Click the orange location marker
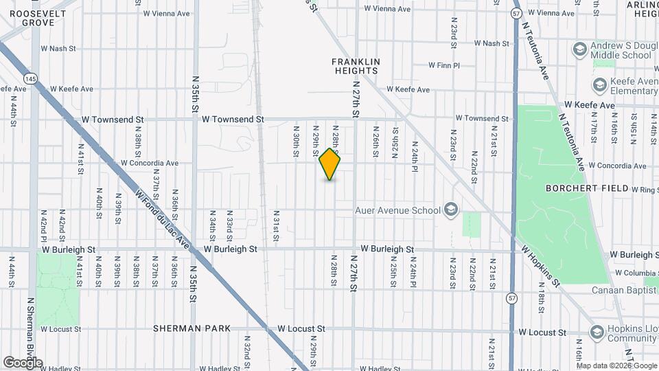point(330,164)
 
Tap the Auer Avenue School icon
point(451,210)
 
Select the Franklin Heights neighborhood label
point(356,66)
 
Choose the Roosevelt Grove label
point(28,18)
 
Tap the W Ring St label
point(643,189)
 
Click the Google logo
point(23,362)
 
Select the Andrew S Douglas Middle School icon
point(579,49)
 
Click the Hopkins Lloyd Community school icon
point(597,332)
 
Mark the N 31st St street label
point(276,226)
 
